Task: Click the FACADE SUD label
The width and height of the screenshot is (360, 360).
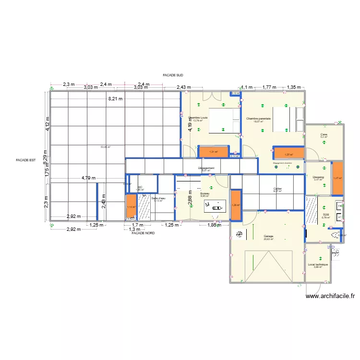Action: (173, 75)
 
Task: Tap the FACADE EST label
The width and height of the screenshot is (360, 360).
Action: (26, 161)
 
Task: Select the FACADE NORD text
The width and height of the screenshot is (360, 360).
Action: (143, 233)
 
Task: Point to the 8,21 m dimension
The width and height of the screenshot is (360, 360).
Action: (115, 99)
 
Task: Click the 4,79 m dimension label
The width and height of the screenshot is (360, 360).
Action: (89, 178)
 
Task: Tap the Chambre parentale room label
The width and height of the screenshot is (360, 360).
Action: (258, 119)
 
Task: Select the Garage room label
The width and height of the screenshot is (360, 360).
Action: (268, 237)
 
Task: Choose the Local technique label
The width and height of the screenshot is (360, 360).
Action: (318, 264)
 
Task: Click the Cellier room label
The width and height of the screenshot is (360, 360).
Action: (277, 189)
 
